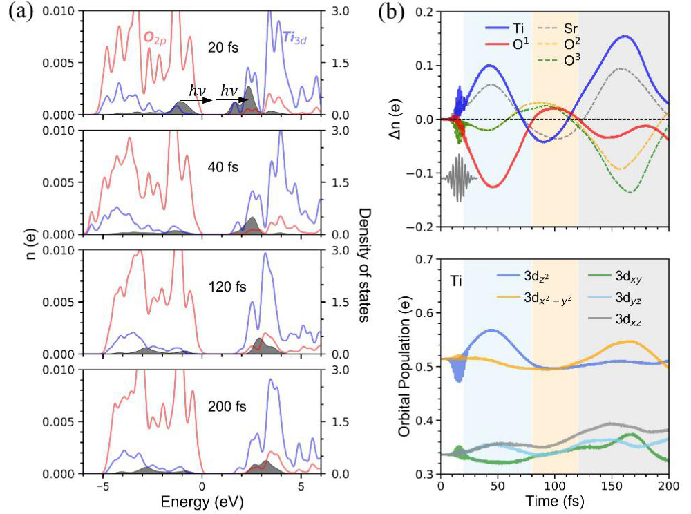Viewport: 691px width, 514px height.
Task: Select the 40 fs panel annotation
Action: pyautogui.click(x=221, y=166)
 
